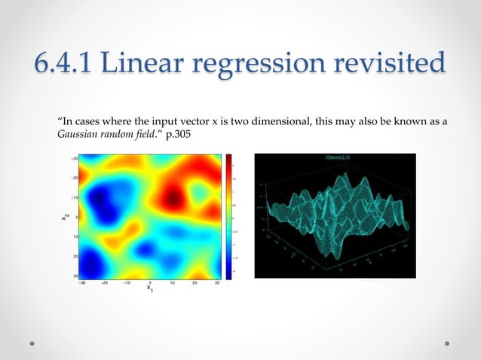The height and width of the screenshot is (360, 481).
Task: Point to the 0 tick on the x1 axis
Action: pyautogui.click(x=149, y=283)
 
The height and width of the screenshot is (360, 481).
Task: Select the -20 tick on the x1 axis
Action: pyautogui.click(x=106, y=283)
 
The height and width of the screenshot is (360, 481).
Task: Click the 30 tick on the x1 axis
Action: pyautogui.click(x=217, y=283)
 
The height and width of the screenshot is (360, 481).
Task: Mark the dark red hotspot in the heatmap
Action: pyautogui.click(x=173, y=200)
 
